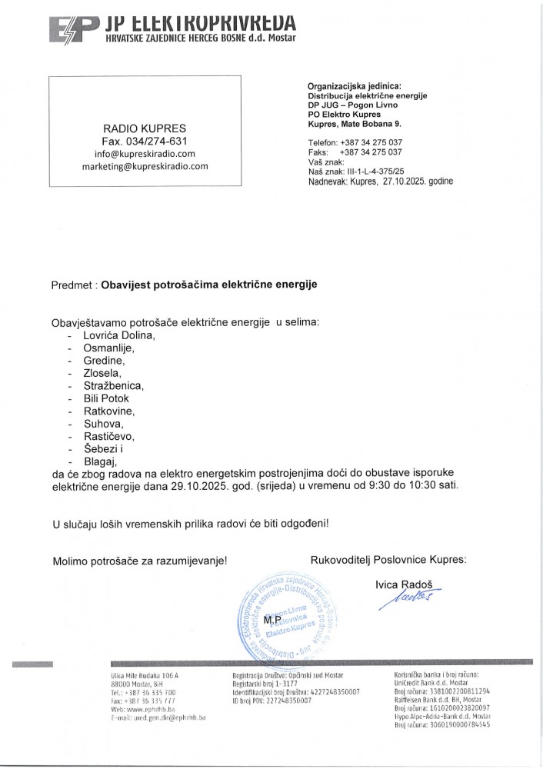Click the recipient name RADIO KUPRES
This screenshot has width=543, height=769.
pyautogui.click(x=145, y=128)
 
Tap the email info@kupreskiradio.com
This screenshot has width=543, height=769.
pyautogui.click(x=145, y=154)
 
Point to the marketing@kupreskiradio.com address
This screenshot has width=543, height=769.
pyautogui.click(x=145, y=167)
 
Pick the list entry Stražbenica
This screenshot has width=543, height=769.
pyautogui.click(x=113, y=386)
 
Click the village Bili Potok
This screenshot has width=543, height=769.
pyautogui.click(x=106, y=398)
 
